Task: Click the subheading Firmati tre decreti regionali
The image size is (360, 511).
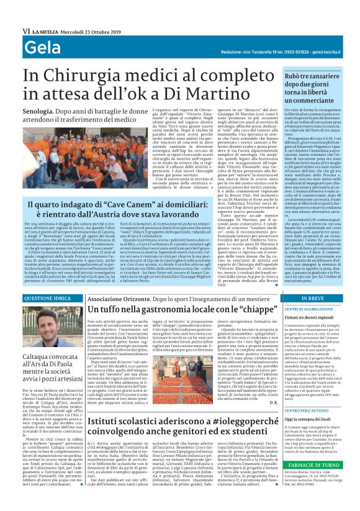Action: [310, 317]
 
